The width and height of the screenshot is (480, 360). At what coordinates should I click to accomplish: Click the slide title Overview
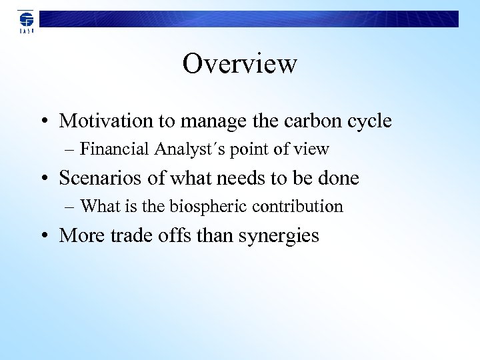239,64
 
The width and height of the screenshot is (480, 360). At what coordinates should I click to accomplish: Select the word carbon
312,121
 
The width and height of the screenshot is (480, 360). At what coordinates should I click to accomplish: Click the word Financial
115,149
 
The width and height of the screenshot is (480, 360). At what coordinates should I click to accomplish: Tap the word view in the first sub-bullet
313,149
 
